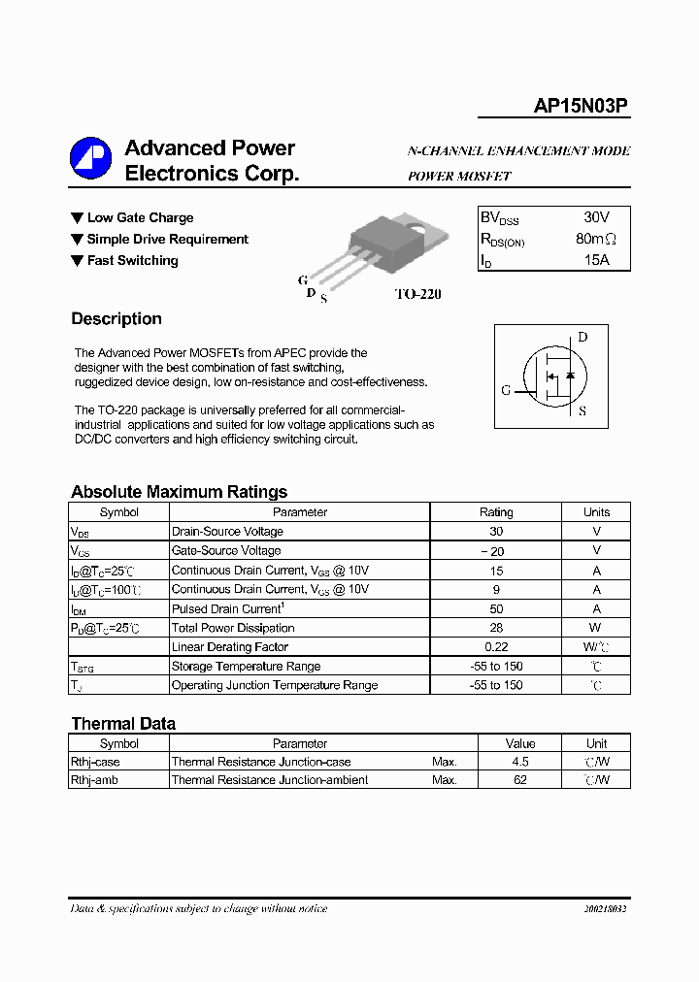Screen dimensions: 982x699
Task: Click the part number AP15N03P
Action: [x=581, y=108]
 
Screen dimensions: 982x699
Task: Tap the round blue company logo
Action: [x=90, y=157]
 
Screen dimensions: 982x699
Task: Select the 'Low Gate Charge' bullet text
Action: [x=140, y=218]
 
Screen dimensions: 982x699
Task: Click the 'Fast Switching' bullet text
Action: [x=132, y=261]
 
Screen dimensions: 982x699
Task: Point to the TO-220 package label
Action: [x=417, y=294]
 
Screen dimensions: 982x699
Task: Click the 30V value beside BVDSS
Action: [x=596, y=217]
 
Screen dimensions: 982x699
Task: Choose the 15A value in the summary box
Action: [x=596, y=260]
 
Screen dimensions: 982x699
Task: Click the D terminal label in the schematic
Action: [x=582, y=338]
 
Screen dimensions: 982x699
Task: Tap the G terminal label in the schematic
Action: [x=506, y=390]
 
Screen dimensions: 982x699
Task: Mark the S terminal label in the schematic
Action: [x=582, y=411]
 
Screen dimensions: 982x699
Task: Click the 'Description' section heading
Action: [x=116, y=319]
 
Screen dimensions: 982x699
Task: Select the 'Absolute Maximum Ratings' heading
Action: [x=179, y=492]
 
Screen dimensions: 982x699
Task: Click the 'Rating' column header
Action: [x=496, y=512]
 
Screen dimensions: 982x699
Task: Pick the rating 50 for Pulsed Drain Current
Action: [x=496, y=608]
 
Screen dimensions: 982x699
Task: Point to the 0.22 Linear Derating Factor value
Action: [x=496, y=647]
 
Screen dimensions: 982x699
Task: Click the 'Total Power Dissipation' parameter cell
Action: [x=233, y=628]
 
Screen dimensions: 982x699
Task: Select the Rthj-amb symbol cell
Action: [x=95, y=780]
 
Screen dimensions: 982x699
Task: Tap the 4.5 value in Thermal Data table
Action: [x=520, y=762]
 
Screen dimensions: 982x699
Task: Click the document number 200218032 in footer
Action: [x=605, y=909]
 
